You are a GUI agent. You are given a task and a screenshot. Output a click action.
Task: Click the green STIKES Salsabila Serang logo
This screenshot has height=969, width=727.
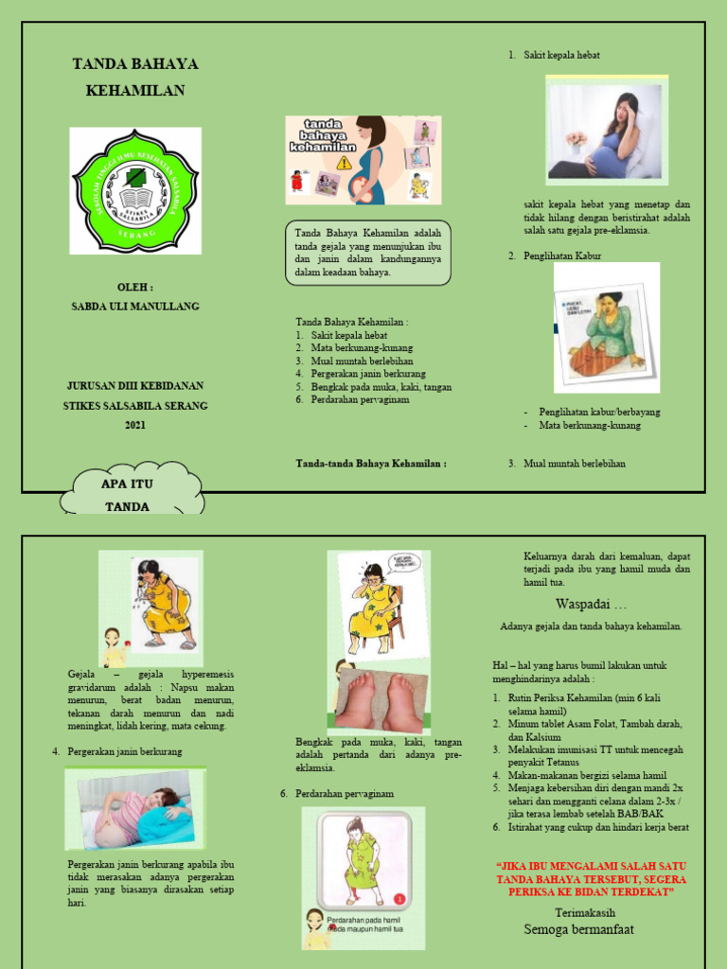coord(135,190)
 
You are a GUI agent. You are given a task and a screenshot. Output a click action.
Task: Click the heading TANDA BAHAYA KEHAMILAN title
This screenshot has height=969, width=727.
coord(135,77)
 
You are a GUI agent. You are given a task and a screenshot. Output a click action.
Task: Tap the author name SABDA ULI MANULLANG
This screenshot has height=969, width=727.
coord(135,306)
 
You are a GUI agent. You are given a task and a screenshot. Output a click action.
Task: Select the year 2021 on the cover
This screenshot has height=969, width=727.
coord(135,425)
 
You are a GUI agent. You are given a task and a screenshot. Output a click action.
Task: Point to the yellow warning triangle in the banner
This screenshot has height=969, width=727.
coord(344,163)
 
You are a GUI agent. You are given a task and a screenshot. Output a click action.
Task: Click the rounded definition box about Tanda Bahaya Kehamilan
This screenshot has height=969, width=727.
coord(368,253)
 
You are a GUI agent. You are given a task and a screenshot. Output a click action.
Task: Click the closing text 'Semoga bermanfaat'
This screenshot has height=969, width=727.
coord(579,929)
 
